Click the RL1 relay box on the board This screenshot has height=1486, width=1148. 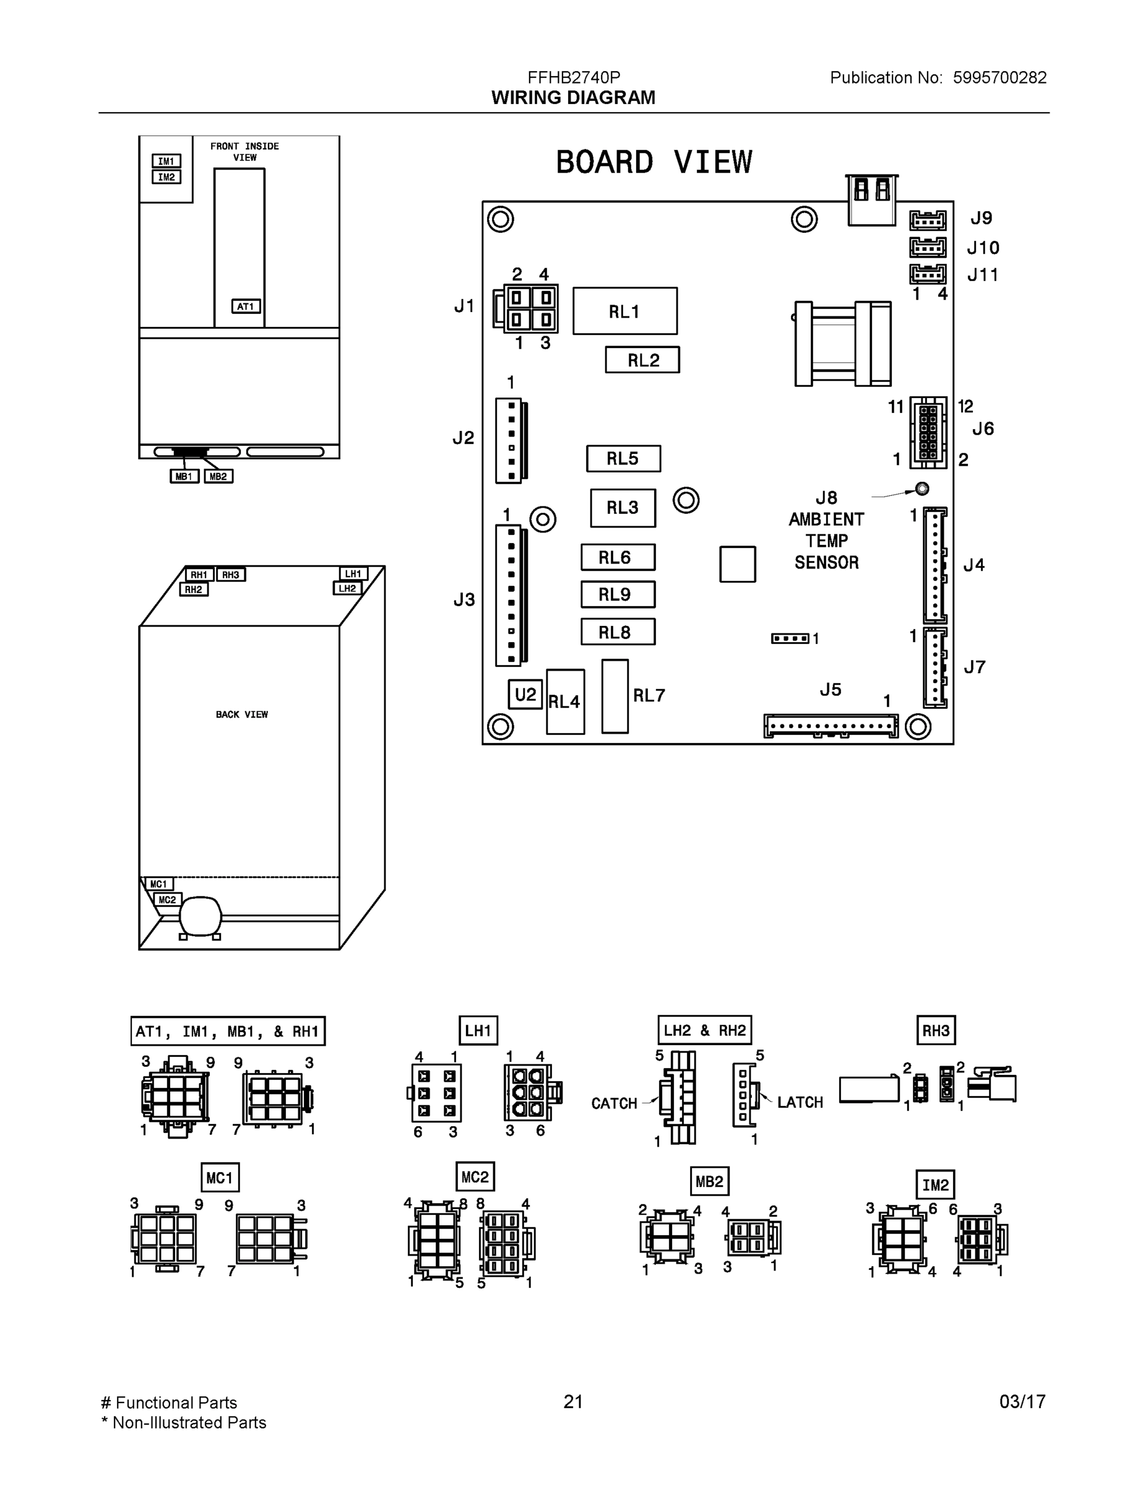coord(624,311)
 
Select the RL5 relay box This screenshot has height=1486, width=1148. coord(623,459)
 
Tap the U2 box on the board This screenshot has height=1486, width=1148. coord(525,694)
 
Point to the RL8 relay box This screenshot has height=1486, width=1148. coord(618,632)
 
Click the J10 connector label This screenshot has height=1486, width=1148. coord(983,248)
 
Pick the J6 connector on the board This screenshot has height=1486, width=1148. coord(928,433)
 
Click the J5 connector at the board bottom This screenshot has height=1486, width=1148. coord(831,726)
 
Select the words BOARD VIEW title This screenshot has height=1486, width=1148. coord(654,163)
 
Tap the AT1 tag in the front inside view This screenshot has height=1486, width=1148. coord(246,306)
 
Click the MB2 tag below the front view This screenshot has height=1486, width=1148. coord(218,476)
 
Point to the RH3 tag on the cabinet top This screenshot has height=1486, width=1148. coord(231,575)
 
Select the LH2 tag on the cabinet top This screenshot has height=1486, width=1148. coord(348,589)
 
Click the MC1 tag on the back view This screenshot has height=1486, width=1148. coord(158,884)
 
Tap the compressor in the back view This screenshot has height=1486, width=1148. coord(200,916)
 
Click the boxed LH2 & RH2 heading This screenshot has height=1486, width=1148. coord(704,1030)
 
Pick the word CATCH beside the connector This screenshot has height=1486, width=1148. coord(613,1103)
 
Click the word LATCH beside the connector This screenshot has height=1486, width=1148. coord(800,1102)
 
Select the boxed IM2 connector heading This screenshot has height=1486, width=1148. coord(935,1184)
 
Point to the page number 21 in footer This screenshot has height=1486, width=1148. coord(572,1402)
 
